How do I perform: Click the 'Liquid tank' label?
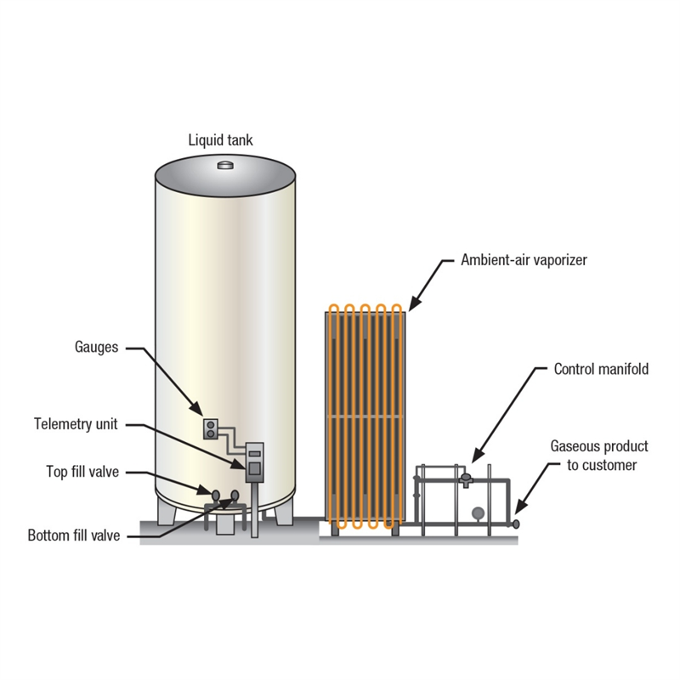[221, 139]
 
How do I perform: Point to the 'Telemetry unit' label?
[76, 423]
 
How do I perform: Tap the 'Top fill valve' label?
[82, 472]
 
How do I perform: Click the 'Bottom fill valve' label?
[74, 535]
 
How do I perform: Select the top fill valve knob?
[215, 493]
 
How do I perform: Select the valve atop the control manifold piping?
[466, 478]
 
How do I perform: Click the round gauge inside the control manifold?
[479, 513]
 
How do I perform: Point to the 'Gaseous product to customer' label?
[598, 456]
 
